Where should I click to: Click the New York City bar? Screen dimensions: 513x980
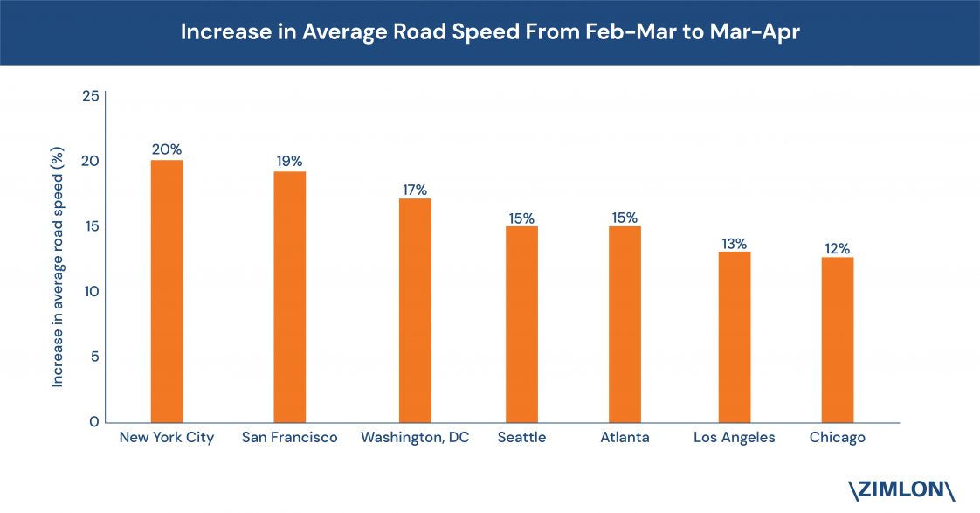(x=167, y=291)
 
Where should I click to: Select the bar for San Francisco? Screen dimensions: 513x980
(x=290, y=296)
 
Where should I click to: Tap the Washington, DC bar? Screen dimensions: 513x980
(x=415, y=310)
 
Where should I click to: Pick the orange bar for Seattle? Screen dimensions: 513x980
(x=521, y=324)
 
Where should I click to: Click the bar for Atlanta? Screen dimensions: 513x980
(x=625, y=324)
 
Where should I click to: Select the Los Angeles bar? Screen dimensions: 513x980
(x=735, y=336)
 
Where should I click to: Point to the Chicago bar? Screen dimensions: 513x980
(x=838, y=339)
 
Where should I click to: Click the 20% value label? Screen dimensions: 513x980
(x=167, y=149)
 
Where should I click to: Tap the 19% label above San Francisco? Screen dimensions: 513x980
(x=290, y=161)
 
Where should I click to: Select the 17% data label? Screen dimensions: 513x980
(x=415, y=189)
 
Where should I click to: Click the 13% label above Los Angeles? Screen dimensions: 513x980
(x=735, y=244)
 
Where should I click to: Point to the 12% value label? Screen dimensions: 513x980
(x=838, y=249)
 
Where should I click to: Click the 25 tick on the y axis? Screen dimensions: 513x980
(x=90, y=95)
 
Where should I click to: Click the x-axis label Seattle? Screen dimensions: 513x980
(x=521, y=438)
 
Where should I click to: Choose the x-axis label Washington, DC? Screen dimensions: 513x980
(x=415, y=438)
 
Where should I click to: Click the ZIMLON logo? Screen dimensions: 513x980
(x=901, y=489)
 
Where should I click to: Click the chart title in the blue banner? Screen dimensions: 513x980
(x=489, y=31)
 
